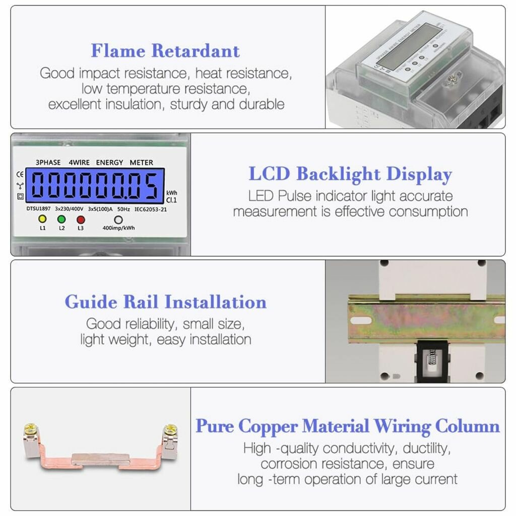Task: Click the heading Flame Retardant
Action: pyautogui.click(x=165, y=51)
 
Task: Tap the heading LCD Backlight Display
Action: pyautogui.click(x=350, y=174)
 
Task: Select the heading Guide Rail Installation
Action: pyautogui.click(x=165, y=302)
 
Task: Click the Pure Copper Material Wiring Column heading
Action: pyautogui.click(x=348, y=426)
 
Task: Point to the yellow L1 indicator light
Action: pyautogui.click(x=42, y=219)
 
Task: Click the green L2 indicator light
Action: pyautogui.click(x=61, y=219)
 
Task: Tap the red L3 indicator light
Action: pyautogui.click(x=81, y=219)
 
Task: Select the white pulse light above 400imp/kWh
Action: pyautogui.click(x=118, y=220)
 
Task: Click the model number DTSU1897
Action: pyautogui.click(x=38, y=208)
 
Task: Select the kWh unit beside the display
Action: pyautogui.click(x=172, y=193)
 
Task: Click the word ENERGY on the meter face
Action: pyautogui.click(x=109, y=162)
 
